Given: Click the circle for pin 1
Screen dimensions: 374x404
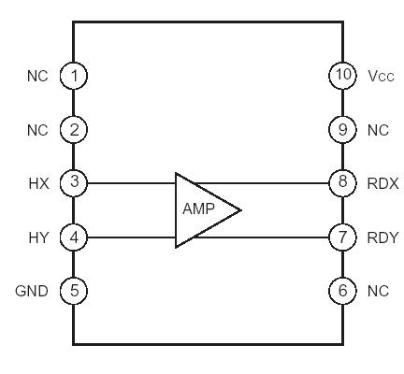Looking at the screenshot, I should pos(74,75).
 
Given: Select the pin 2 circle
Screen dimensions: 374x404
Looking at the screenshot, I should pos(74,129).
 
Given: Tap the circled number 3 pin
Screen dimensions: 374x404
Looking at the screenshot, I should pos(74,183).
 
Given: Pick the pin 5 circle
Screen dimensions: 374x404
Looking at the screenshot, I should pos(74,291).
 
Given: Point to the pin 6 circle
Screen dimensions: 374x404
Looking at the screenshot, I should pos(342,291).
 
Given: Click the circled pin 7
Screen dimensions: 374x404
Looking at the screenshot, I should pos(342,237).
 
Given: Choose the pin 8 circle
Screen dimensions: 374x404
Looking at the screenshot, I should pos(342,183).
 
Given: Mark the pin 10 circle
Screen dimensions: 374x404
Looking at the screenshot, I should pos(342,75).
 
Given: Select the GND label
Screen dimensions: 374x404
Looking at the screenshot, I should pos(31,291).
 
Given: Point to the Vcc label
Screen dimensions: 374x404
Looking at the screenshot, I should pos(382,75).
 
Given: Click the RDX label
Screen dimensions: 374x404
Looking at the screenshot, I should pos(383,183).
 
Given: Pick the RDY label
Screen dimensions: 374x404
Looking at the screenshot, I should pos(383,237).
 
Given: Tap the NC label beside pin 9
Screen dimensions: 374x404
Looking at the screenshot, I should pos(378,129).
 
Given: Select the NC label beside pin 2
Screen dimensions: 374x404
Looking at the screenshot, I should pos(36,129).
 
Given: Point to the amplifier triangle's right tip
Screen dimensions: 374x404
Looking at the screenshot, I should pos(240,209).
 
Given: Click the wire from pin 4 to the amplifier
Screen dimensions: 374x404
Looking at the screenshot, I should pos(131,237).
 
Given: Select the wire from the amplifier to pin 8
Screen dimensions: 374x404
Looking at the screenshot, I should pos(271,183).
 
